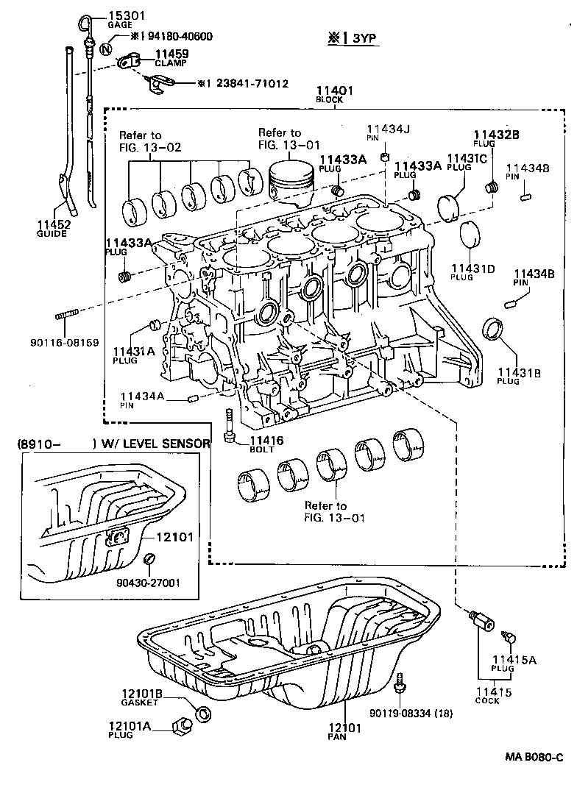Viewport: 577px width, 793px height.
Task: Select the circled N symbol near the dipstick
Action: pyautogui.click(x=106, y=50)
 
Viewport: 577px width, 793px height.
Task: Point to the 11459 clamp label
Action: pyautogui.click(x=171, y=54)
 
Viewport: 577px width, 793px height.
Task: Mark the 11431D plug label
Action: pyautogui.click(x=472, y=269)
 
